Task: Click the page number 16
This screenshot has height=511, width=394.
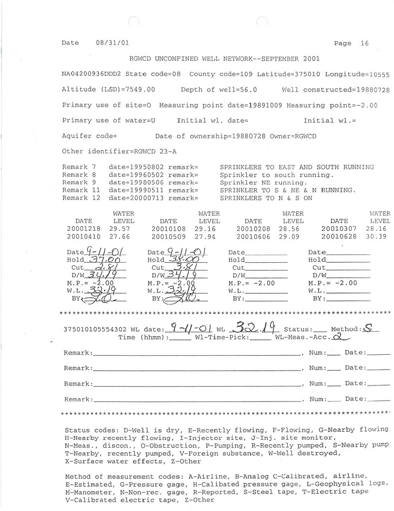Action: (x=364, y=44)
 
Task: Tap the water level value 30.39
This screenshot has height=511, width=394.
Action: (x=380, y=236)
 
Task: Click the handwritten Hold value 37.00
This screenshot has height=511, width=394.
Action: (x=105, y=261)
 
